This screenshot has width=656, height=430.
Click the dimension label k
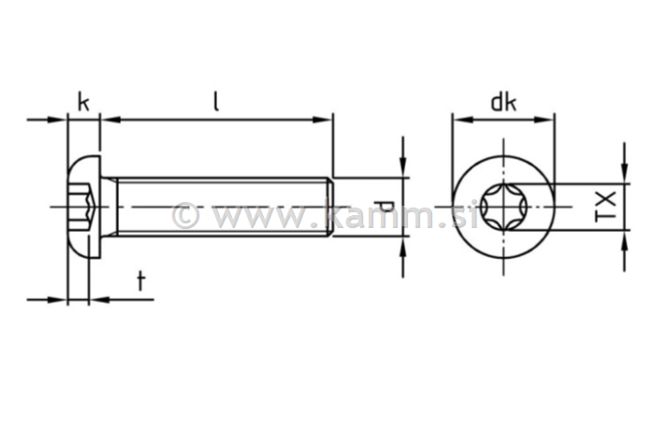[x=83, y=101]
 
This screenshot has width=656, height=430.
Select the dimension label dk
[x=503, y=102]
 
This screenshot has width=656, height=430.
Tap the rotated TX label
[x=606, y=206]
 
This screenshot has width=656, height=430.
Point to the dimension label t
[x=141, y=280]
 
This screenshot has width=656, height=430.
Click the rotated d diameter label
[x=382, y=207]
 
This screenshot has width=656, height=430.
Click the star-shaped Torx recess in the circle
[x=503, y=206]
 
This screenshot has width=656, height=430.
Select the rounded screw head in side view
[x=84, y=206]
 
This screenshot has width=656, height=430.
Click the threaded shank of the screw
[x=220, y=206]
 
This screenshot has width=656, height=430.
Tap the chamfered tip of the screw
[x=329, y=206]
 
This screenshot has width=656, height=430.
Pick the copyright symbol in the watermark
[x=185, y=216]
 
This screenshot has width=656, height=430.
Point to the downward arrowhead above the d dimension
[x=403, y=168]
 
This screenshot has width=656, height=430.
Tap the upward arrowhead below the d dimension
[x=403, y=245]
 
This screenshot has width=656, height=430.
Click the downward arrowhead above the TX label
[x=624, y=175]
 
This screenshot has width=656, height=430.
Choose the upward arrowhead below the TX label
[x=624, y=237]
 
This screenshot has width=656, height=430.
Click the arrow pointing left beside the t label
[x=98, y=300]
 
